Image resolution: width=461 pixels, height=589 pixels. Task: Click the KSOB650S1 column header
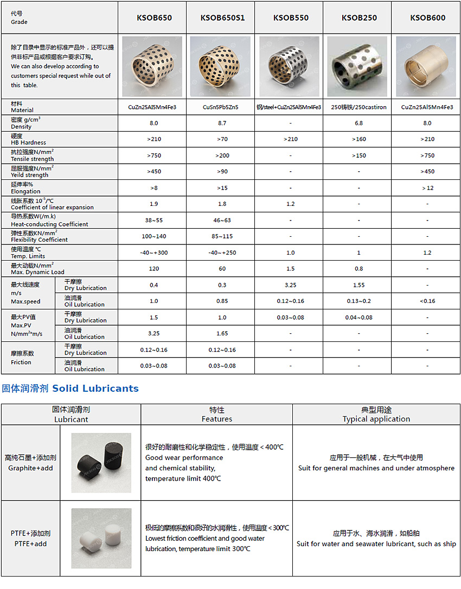point(222,18)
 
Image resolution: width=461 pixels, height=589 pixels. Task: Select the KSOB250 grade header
point(359,18)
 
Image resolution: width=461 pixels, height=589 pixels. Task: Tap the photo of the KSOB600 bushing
point(426,66)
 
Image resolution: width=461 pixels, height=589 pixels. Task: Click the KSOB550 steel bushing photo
point(291,66)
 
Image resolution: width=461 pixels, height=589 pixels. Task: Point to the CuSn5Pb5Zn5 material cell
point(222,107)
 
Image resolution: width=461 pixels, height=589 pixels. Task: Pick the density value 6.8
point(359,123)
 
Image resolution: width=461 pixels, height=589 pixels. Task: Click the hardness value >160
point(359,139)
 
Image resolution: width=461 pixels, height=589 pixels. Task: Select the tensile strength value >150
point(359,156)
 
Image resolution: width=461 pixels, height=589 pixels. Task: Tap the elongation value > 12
point(427,188)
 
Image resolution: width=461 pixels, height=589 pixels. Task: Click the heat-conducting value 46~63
point(222,221)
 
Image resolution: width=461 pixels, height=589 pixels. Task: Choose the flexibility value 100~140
point(154,237)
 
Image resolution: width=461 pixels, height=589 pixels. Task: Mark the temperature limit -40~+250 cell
point(222,253)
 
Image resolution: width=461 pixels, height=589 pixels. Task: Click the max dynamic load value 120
point(154,269)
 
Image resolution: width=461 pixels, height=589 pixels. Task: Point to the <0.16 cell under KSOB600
point(427,301)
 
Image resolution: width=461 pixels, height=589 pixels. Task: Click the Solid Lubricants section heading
point(71,389)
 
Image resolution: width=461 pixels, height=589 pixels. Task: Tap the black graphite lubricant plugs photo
point(101,462)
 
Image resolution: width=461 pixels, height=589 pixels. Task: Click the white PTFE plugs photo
point(101,538)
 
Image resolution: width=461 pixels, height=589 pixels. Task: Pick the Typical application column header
point(376,415)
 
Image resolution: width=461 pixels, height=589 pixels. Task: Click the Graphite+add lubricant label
point(30,463)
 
